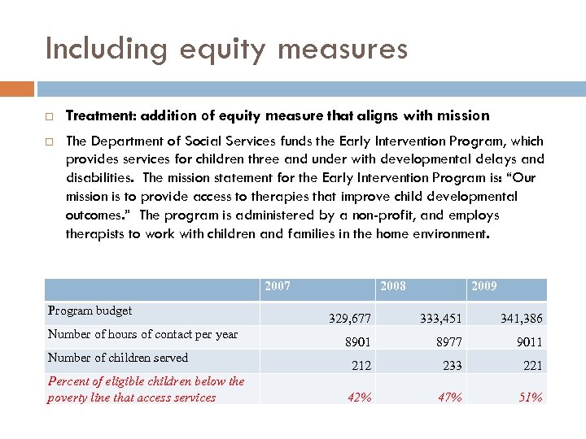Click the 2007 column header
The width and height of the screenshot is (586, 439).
coord(278,286)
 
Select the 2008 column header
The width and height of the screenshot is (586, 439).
coord(393,286)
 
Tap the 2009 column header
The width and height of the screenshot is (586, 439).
coord(484,286)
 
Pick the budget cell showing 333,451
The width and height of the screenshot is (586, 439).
coord(441,319)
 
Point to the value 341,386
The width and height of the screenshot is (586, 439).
coord(521,319)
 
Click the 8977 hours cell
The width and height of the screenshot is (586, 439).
coord(448,342)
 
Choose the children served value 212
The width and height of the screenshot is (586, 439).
coord(361,366)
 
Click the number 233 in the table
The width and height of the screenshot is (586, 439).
coord(452,366)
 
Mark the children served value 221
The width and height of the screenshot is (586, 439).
coord(532,366)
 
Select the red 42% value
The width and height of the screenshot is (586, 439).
coord(359,397)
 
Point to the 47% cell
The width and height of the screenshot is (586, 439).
coord(450,397)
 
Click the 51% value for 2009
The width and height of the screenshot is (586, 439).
coord(531,397)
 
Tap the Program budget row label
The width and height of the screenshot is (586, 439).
coord(90,311)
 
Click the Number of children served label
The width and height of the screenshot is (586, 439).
coord(118,358)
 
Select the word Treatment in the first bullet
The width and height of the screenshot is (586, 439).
coord(95,115)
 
